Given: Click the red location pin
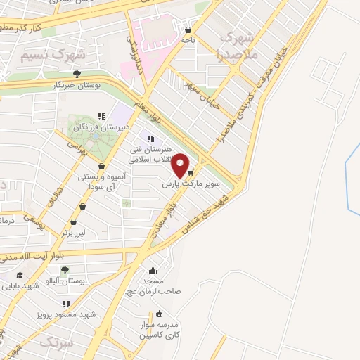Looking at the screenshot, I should point(181,165).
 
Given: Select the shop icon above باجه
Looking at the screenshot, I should point(188,30).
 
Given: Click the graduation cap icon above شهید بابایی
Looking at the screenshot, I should point(20,274).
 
